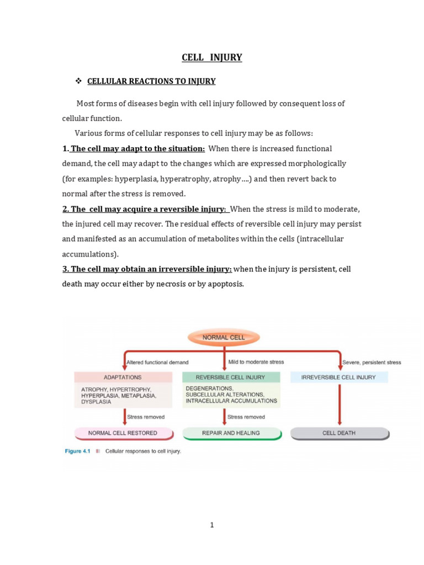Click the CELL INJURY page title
pyautogui.click(x=212, y=57)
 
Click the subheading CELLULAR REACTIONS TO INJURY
pyautogui.click(x=151, y=81)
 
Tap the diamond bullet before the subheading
pyautogui.click(x=78, y=81)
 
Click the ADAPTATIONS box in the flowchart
pyautogui.click(x=123, y=377)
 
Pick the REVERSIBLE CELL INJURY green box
pyautogui.click(x=231, y=377)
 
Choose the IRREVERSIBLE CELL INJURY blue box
pyautogui.click(x=338, y=377)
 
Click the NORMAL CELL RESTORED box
pyautogui.click(x=123, y=433)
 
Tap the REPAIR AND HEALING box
pyautogui.click(x=231, y=433)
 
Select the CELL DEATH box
pyautogui.click(x=339, y=433)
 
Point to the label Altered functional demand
pyautogui.click(x=157, y=363)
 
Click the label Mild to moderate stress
pyautogui.click(x=256, y=363)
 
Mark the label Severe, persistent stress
pyautogui.click(x=372, y=363)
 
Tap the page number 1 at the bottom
pyautogui.click(x=212, y=525)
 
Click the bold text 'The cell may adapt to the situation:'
pyautogui.click(x=137, y=149)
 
